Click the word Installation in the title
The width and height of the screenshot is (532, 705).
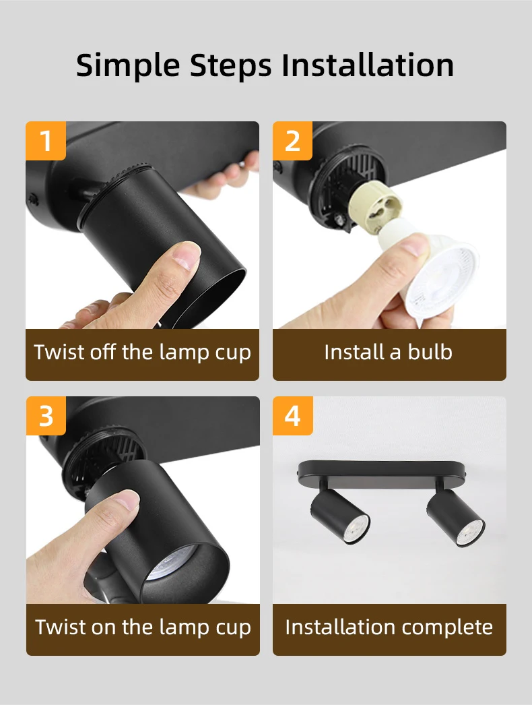(x=367, y=65)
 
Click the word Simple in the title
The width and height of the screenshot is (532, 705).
(x=127, y=65)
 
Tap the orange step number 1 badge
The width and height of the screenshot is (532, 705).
(x=46, y=142)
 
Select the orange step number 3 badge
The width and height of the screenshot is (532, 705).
(x=46, y=416)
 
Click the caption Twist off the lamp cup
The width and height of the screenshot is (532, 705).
(x=143, y=352)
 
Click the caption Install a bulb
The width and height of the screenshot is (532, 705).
(x=389, y=352)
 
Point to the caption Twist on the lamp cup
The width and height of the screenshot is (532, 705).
(x=143, y=627)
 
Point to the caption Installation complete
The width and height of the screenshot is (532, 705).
(x=389, y=627)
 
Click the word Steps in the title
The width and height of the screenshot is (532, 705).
(x=231, y=65)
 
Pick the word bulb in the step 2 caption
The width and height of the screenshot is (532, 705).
(x=428, y=352)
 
